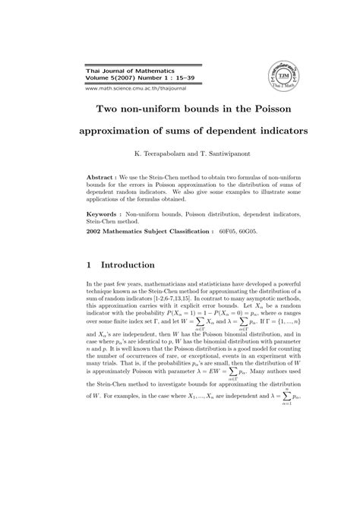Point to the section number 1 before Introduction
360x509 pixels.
[x=90, y=266]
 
